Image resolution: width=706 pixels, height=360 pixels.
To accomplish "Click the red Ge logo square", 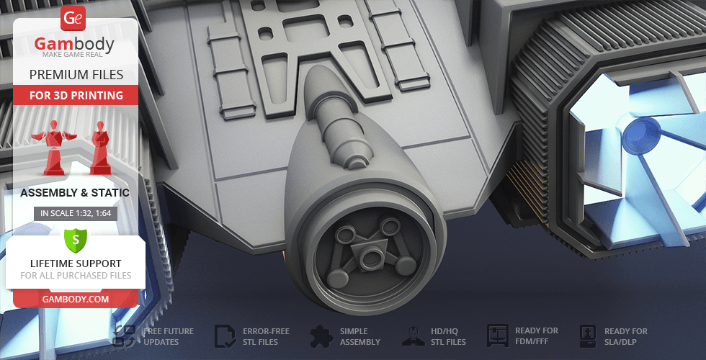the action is click(73, 18).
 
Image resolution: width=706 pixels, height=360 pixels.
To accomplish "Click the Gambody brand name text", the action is click(73, 44).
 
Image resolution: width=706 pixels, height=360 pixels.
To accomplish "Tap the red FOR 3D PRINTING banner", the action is click(76, 95).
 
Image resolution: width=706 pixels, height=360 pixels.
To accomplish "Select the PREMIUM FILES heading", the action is click(76, 75).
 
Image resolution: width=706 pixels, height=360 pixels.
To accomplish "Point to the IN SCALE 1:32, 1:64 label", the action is click(76, 213).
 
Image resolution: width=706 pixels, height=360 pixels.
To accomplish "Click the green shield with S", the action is click(76, 240).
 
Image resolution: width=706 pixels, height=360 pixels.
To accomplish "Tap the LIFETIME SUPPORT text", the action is click(76, 264).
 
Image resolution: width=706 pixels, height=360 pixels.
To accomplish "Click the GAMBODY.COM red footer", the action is click(76, 300).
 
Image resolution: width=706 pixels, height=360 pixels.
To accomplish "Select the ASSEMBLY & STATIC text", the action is click(75, 193).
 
